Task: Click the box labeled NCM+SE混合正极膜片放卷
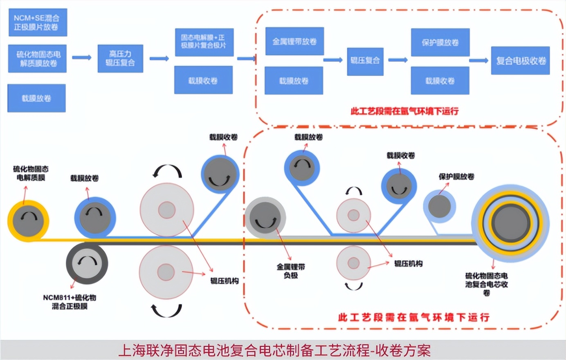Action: tap(37, 22)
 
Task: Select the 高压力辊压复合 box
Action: tap(120, 59)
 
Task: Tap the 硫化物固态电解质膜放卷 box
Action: tap(37, 59)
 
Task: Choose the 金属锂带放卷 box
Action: tap(294, 41)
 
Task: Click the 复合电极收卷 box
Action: tap(520, 61)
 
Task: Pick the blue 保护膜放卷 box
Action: tap(440, 42)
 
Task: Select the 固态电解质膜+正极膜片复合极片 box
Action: tap(204, 42)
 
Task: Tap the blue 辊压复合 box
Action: tap(365, 61)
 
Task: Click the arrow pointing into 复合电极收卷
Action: tap(479, 61)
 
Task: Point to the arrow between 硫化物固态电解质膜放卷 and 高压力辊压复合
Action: tap(82, 58)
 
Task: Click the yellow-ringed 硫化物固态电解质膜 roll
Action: tap(28, 221)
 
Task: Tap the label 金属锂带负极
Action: tap(291, 271)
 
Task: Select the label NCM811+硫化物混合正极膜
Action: tap(70, 302)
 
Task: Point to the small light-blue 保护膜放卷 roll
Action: tap(439, 206)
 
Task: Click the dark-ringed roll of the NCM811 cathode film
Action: tap(87, 263)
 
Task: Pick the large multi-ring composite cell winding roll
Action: tap(510, 223)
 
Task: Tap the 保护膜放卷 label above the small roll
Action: tap(456, 177)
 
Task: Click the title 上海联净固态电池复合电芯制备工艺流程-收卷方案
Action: tap(274, 351)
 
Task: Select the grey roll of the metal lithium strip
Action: tap(265, 217)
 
